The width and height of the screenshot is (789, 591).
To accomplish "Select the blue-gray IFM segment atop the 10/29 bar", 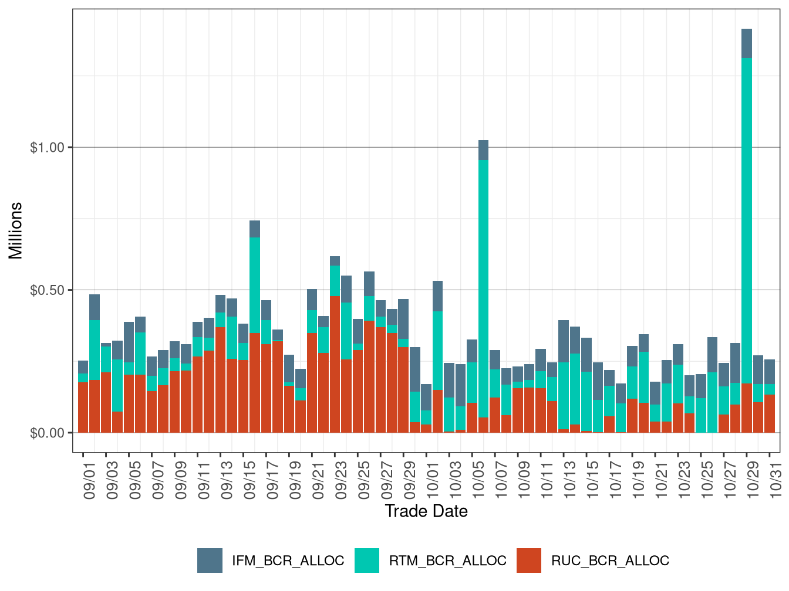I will pos(747,43).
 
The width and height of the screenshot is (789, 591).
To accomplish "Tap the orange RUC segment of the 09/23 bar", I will pos(335,364).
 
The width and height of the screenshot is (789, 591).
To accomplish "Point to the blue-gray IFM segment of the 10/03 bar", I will pos(449,380).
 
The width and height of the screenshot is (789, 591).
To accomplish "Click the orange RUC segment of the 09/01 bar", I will pos(83,407).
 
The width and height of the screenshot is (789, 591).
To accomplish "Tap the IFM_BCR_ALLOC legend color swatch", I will pos(210,561).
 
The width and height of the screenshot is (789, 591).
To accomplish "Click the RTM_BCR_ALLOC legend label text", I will pos(447,561).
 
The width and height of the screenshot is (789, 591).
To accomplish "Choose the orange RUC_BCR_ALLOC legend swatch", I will pos(529,561).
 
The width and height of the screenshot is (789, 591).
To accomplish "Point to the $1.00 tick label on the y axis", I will pos(47,147).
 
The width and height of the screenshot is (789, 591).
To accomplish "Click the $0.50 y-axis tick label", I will pos(47,290).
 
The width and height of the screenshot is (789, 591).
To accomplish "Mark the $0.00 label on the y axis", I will pos(47,433).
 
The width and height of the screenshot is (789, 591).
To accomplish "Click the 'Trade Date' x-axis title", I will pos(426,511).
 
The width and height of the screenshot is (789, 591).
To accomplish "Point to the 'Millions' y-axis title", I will pos(15,230).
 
